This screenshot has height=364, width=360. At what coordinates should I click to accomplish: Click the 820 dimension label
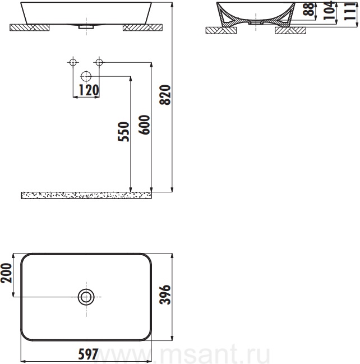point(165,95)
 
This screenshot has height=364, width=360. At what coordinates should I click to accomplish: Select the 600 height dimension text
point(144,125)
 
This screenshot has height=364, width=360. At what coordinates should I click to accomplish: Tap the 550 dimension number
point(123,131)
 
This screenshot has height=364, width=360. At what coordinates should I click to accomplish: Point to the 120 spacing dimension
point(89,90)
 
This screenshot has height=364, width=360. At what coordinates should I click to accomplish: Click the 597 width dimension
point(88,354)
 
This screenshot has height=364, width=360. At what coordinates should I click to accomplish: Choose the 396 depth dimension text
point(165,294)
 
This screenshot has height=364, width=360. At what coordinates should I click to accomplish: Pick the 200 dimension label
point(6,273)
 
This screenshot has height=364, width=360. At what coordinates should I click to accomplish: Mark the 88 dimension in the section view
point(309,9)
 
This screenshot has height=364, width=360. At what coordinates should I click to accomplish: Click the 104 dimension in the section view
point(329,10)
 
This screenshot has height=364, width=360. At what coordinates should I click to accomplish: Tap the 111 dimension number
point(350,11)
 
